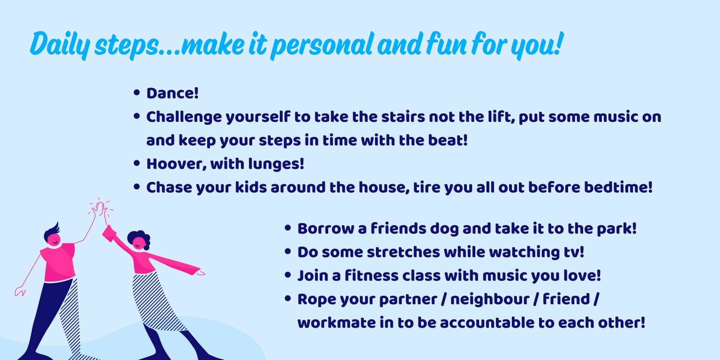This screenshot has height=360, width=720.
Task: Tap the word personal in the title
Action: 322,45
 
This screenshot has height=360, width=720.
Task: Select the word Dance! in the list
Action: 172,94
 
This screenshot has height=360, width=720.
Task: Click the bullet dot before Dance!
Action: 137,93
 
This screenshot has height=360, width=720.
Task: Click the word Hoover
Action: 176,164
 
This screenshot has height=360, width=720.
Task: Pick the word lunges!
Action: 276,164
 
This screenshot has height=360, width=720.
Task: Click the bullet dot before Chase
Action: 137,187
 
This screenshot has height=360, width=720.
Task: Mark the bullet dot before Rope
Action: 288,299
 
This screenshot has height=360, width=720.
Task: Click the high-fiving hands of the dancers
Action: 100,210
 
